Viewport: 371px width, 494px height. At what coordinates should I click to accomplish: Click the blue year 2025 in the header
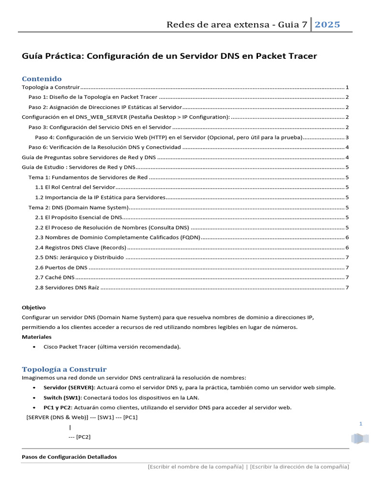[x=328, y=25]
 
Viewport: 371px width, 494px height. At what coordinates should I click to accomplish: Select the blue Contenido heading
[x=42, y=79]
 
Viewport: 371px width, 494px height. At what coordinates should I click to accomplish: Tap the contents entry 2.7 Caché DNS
[x=55, y=277]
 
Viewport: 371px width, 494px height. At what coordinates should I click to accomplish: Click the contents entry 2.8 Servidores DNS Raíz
[x=67, y=288]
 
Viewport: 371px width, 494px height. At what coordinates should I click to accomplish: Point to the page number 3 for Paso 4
[x=347, y=137]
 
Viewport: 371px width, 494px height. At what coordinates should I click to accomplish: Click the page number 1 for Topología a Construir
[x=347, y=87]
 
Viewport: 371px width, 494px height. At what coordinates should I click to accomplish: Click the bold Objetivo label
[x=34, y=307]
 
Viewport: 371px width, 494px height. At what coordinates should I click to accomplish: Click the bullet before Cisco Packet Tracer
[x=33, y=347]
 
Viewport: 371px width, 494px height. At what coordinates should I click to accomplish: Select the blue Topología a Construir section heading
[x=64, y=369]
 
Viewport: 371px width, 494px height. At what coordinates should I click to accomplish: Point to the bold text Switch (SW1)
[x=62, y=398]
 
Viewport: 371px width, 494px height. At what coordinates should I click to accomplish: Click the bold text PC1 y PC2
[x=58, y=407]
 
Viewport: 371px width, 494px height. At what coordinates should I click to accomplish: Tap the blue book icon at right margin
[x=359, y=439]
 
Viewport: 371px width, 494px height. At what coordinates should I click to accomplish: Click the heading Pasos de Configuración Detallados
[x=70, y=457]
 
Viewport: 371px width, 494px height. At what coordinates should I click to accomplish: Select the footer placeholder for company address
[x=300, y=467]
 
